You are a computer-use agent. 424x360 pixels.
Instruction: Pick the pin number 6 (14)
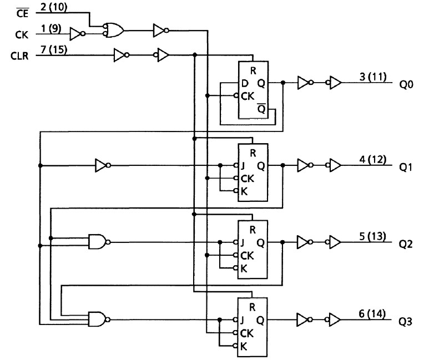(x=372, y=315)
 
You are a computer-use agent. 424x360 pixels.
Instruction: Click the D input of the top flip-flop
(x=245, y=84)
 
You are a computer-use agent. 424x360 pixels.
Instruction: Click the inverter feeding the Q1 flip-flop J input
(x=102, y=165)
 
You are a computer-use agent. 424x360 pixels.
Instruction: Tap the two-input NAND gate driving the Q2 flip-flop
(x=98, y=242)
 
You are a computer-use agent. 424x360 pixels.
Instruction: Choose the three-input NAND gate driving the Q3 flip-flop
(x=98, y=319)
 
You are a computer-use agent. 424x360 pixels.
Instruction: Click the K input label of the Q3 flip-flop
(x=243, y=345)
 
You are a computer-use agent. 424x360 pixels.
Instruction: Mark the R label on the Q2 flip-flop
(x=253, y=229)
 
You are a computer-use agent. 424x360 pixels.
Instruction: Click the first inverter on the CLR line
(x=120, y=55)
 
